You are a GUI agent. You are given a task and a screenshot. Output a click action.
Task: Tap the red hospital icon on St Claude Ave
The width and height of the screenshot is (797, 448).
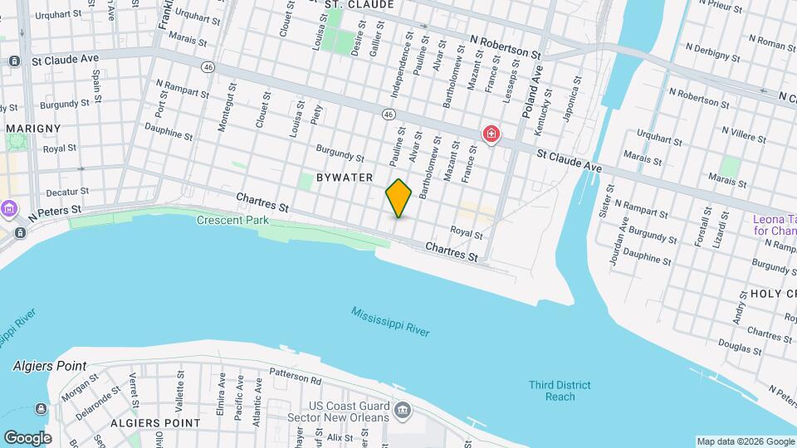coord(491,134)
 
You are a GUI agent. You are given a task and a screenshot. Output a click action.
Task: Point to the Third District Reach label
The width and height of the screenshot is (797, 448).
coord(560,390)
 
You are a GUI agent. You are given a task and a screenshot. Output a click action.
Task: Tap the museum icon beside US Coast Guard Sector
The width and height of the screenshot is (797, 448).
coord(403,409)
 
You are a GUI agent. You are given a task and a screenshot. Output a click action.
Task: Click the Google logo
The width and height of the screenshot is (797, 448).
coord(27,437)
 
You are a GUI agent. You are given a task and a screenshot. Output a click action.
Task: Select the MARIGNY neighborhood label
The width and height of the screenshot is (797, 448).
coord(32,129)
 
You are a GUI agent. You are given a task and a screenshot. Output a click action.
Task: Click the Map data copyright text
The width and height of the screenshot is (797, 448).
coord(745,441)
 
